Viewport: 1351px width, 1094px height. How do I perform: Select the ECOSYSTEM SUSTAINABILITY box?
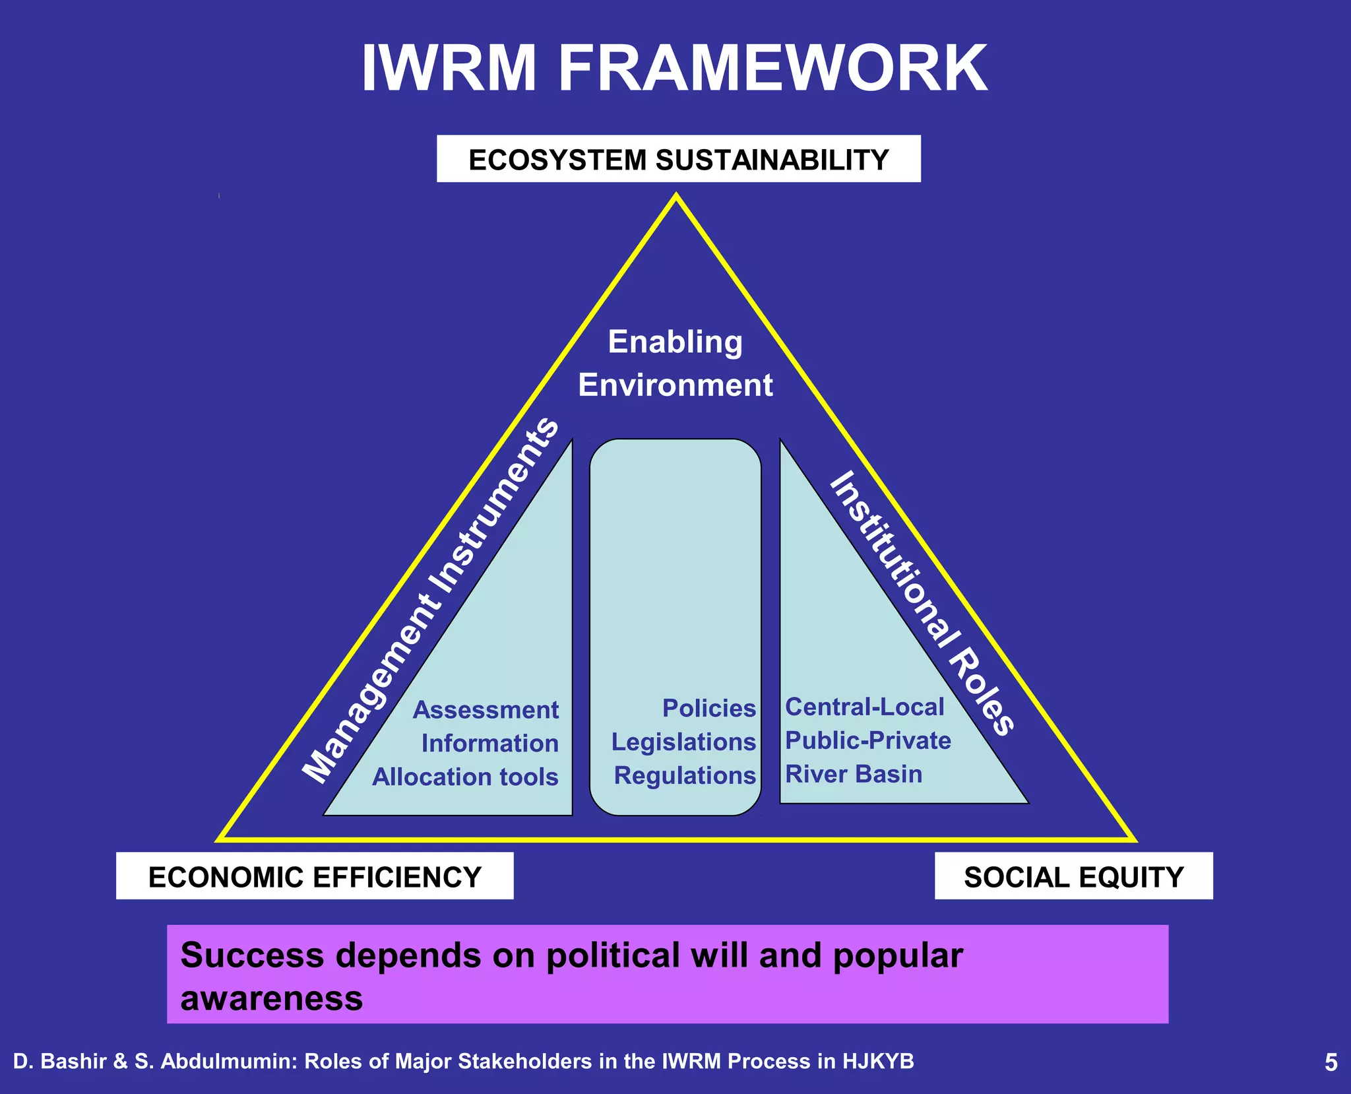pyautogui.click(x=678, y=160)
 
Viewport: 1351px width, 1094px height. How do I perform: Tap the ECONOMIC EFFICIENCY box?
pyautogui.click(x=315, y=877)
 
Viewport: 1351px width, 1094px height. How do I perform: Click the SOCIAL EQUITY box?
pyautogui.click(x=1073, y=877)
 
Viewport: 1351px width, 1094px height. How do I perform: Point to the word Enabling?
pyautogui.click(x=675, y=342)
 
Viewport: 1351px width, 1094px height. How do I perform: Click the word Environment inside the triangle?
pyautogui.click(x=675, y=385)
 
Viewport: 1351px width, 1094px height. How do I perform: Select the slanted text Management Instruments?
pyautogui.click(x=431, y=600)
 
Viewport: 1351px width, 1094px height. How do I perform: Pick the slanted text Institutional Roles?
pyautogui.click(x=921, y=603)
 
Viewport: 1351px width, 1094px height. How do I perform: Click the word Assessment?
pyautogui.click(x=486, y=711)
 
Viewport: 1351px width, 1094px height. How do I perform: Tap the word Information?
pyautogui.click(x=489, y=744)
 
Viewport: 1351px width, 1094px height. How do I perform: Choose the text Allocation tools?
pyautogui.click(x=465, y=777)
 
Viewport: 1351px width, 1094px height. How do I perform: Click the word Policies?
pyautogui.click(x=708, y=709)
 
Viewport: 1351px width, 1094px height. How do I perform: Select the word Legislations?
pyautogui.click(x=683, y=742)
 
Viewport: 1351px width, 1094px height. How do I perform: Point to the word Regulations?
pyautogui.click(x=685, y=776)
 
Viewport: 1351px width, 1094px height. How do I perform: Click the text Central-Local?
pyautogui.click(x=864, y=707)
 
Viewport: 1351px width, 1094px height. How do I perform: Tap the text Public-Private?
pyautogui.click(x=867, y=741)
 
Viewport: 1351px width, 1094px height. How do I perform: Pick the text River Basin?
pyautogui.click(x=854, y=774)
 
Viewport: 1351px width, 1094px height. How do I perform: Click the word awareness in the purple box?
pyautogui.click(x=272, y=999)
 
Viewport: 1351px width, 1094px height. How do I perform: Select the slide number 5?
pyautogui.click(x=1331, y=1062)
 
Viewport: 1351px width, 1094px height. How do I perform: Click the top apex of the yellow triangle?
pyautogui.click(x=676, y=196)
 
